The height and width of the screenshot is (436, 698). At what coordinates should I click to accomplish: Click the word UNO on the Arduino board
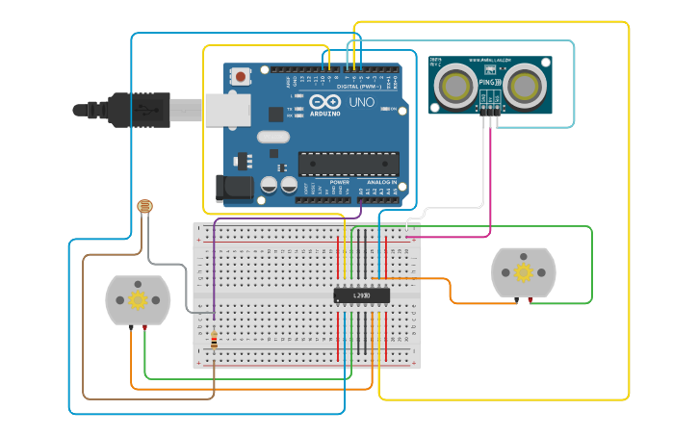[361, 102]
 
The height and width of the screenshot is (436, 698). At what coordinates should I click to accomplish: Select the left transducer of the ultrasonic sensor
[454, 86]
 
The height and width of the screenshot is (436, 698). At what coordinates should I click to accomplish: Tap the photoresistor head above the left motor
[145, 206]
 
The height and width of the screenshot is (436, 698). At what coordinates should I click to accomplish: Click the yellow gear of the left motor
[138, 299]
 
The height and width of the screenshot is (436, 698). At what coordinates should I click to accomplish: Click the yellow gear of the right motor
[524, 272]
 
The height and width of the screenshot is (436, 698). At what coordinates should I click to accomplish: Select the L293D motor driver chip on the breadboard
[362, 295]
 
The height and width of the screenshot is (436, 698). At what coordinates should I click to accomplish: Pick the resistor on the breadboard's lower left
[214, 340]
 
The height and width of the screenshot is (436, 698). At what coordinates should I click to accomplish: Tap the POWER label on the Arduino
[339, 182]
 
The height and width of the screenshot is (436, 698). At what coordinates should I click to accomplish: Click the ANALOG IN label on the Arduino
[381, 182]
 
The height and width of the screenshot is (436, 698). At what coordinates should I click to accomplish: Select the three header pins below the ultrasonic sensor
[492, 114]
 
